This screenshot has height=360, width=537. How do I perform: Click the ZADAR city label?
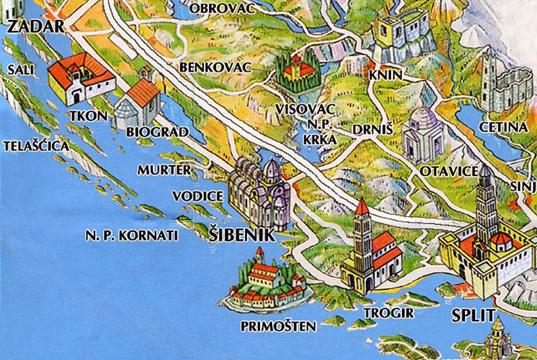point(35,26)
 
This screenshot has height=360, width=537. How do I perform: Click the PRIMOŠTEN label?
point(278,326)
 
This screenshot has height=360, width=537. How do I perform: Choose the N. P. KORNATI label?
point(131,235)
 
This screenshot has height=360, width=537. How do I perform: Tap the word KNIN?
point(385,75)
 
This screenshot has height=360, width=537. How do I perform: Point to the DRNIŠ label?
point(369,129)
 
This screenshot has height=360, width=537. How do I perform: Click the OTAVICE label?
point(449,172)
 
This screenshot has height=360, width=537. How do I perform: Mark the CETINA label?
point(507,127)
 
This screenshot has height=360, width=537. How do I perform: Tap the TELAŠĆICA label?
point(36,146)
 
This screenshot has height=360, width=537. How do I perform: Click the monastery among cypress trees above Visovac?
point(295,74)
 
